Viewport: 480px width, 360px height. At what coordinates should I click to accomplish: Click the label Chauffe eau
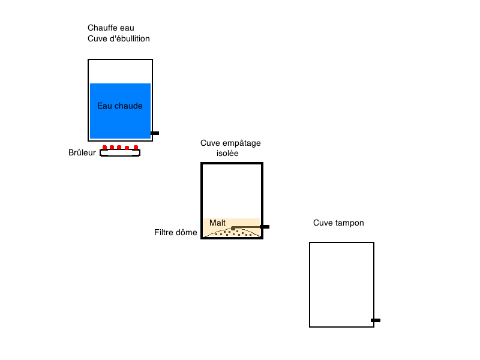111,28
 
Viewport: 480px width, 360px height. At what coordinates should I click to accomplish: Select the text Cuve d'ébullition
118,38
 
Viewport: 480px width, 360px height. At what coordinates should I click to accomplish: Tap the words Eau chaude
119,106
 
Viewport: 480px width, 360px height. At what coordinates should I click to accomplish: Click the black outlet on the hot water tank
155,133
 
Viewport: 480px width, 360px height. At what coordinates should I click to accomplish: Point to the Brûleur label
82,152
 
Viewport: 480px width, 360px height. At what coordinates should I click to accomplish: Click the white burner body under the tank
120,153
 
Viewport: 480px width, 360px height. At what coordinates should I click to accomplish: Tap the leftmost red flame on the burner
104,148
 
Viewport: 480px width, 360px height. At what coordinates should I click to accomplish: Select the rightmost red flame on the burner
136,148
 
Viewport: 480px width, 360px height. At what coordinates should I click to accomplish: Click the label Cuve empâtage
230,143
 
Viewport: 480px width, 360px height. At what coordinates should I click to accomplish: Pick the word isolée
227,153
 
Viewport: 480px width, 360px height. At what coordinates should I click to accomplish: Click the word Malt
217,223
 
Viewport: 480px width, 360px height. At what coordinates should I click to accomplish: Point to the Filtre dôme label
175,232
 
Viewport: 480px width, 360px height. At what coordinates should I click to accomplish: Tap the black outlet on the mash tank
265,227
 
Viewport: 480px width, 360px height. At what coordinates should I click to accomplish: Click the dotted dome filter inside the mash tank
233,233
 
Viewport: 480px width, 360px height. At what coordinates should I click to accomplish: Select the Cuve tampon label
338,223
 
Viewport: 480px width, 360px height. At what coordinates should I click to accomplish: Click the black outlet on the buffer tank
376,320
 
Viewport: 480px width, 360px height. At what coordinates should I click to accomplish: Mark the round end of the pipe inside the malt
233,228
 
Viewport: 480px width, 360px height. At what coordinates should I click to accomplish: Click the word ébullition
130,38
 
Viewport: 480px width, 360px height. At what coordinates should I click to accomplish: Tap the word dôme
187,232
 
